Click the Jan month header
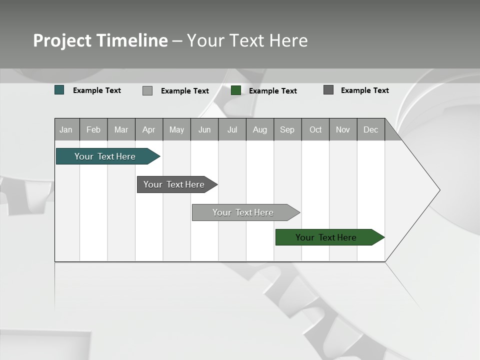pyautogui.click(x=66, y=129)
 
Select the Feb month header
pyautogui.click(x=93, y=129)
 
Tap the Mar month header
pyautogui.click(x=121, y=129)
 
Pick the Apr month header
pyautogui.click(x=149, y=129)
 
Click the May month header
pyautogui.click(x=176, y=129)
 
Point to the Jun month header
pyautogui.click(x=204, y=129)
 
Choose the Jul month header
pyautogui.click(x=232, y=129)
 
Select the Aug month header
pyautogui.click(x=260, y=129)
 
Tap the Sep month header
pyautogui.click(x=287, y=129)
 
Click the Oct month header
pyautogui.click(x=315, y=129)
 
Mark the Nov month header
pyautogui.click(x=343, y=129)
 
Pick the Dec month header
pyautogui.click(x=371, y=129)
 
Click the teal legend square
pyautogui.click(x=59, y=90)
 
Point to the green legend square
pyautogui.click(x=236, y=90)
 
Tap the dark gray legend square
pyautogui.click(x=328, y=90)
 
